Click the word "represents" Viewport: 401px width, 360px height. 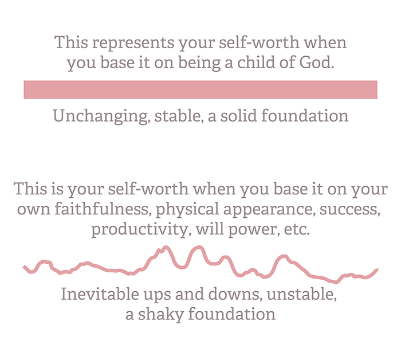coord(133,43)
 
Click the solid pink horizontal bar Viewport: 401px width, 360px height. coord(200,89)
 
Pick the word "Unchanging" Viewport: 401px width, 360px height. coord(101,116)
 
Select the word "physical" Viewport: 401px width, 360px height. coord(187,210)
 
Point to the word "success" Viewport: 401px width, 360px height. coord(350,210)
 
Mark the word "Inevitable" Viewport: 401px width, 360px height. coord(100,294)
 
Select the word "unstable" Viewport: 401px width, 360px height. coord(302,294)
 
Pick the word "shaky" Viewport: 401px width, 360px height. coord(161,315)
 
